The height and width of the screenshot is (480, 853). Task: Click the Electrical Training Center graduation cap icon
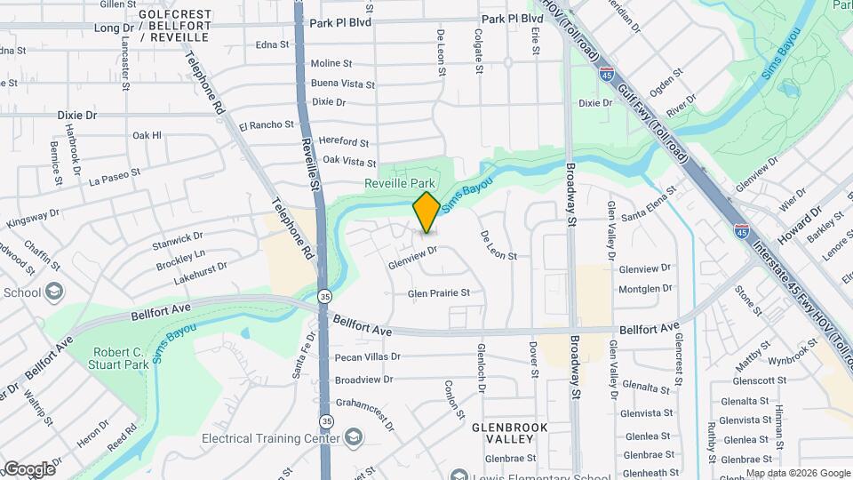tap(355, 437)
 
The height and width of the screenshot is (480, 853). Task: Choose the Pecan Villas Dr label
tap(367, 357)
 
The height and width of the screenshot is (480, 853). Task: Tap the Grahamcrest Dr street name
tap(365, 401)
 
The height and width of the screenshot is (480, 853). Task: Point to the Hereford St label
tap(344, 142)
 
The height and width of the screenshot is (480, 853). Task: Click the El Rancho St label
tap(266, 125)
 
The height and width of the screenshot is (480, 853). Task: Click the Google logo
tap(28, 468)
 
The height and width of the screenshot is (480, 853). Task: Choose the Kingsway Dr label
tap(33, 218)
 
